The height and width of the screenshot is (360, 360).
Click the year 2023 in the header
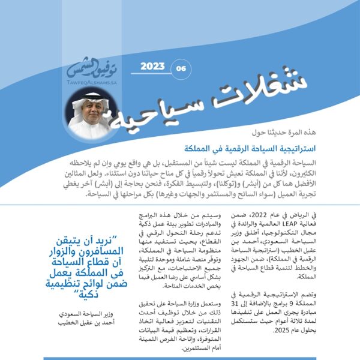click(x=152, y=67)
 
